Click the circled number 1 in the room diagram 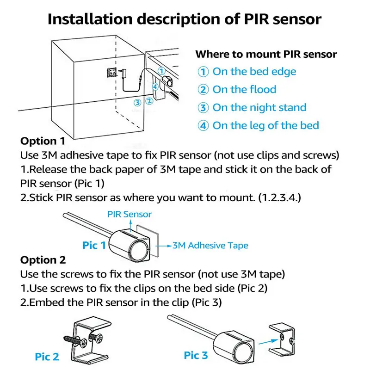[161, 71]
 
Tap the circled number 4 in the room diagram [155, 87]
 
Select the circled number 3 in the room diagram [137, 103]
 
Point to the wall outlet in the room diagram [112, 72]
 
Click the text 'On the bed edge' [254, 72]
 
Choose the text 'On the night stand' [259, 108]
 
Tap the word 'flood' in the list [263, 89]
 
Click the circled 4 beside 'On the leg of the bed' [203, 126]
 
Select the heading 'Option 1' [43, 141]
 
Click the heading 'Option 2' [43, 260]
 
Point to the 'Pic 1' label [94, 246]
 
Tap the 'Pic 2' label [47, 357]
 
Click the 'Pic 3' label [196, 355]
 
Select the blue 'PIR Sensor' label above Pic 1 [129, 214]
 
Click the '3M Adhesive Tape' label [210, 246]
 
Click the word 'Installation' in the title [90, 19]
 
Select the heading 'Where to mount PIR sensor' [266, 54]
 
